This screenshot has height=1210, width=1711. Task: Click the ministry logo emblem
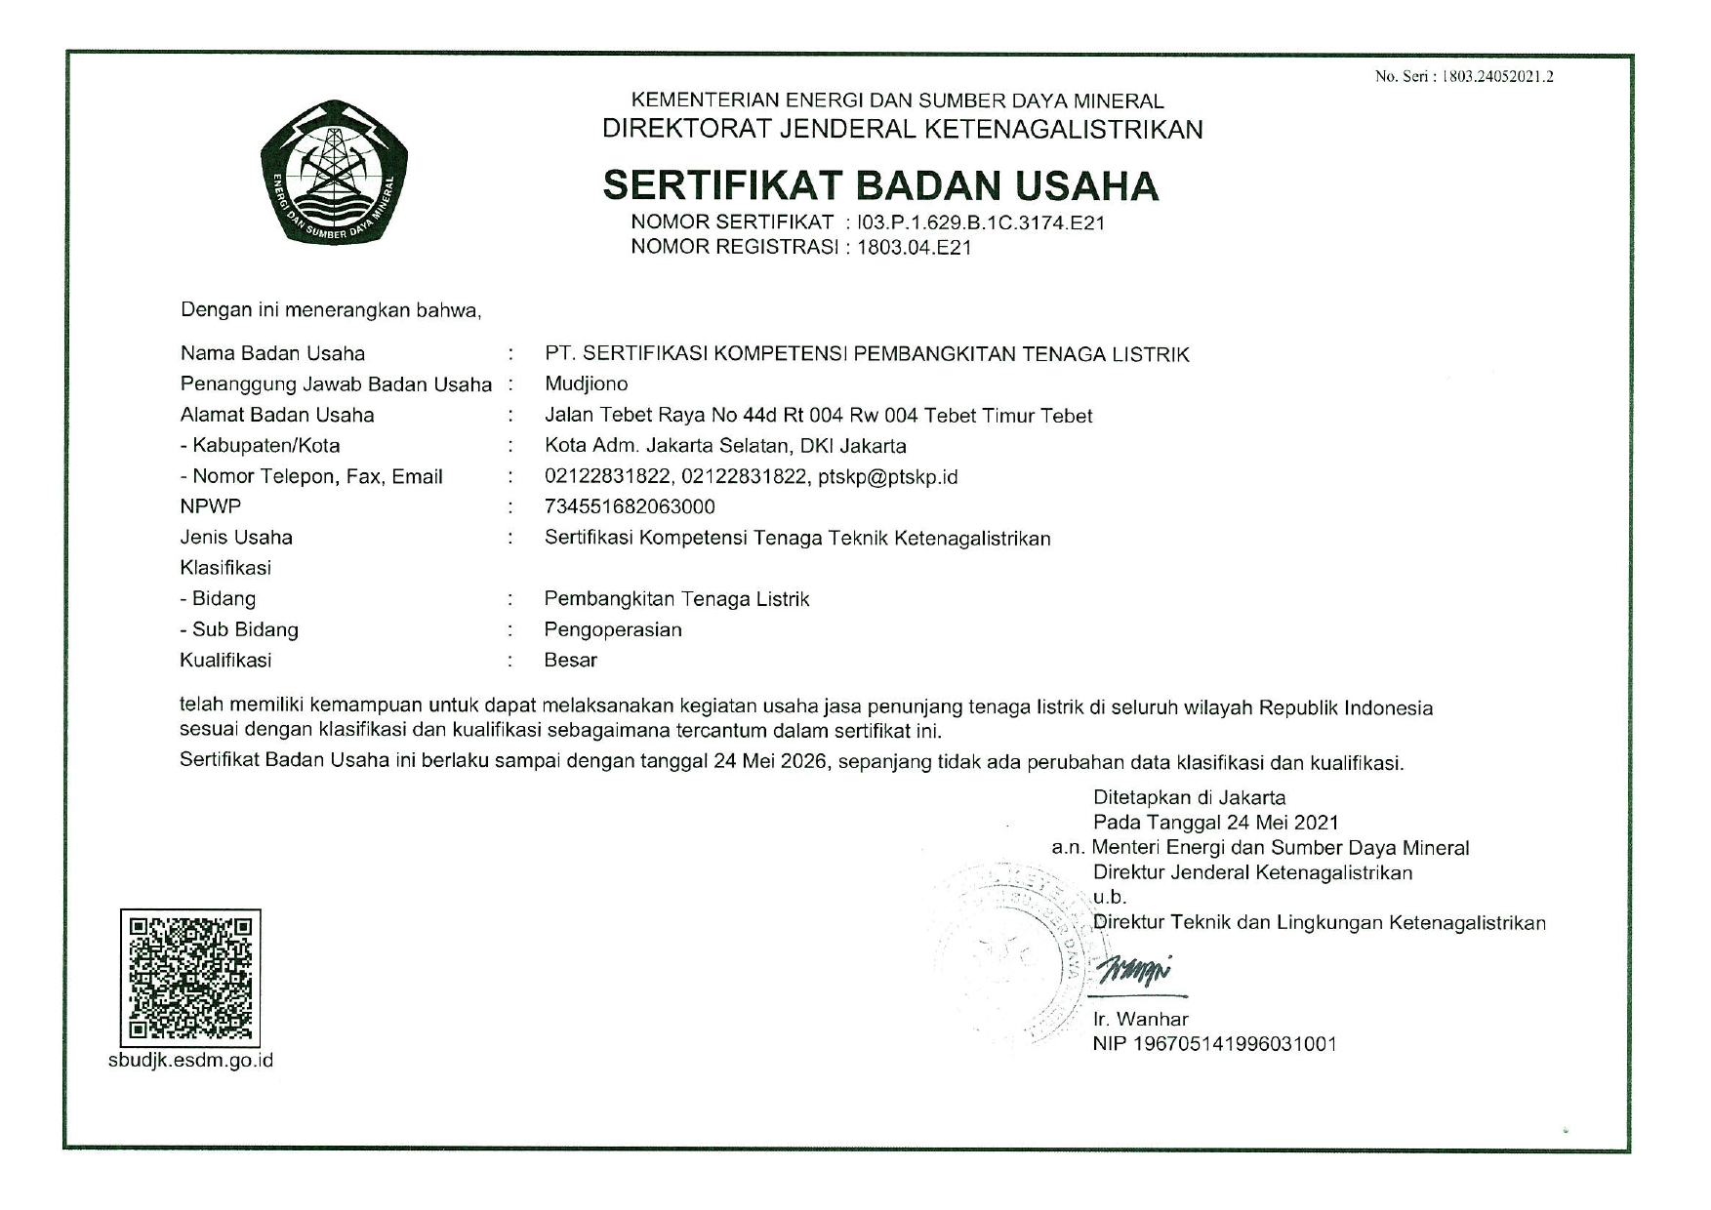pyautogui.click(x=334, y=174)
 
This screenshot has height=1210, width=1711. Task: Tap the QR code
pyautogui.click(x=190, y=977)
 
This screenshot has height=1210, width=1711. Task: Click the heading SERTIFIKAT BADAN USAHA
pyautogui.click(x=880, y=185)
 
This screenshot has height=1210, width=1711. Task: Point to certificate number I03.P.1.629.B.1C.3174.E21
pyautogui.click(x=980, y=222)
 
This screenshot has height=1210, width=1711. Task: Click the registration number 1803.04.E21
pyautogui.click(x=914, y=247)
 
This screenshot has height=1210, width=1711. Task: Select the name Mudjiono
pyautogui.click(x=586, y=383)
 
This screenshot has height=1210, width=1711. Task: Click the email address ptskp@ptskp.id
pyautogui.click(x=887, y=476)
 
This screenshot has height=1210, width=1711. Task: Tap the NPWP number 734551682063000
pyautogui.click(x=630, y=506)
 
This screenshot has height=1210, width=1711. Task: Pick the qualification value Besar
pyautogui.click(x=571, y=660)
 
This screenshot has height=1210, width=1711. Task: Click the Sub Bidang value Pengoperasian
pyautogui.click(x=613, y=629)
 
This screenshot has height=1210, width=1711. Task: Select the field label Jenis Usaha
pyautogui.click(x=236, y=537)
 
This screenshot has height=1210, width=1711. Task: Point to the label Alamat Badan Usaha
pyautogui.click(x=277, y=415)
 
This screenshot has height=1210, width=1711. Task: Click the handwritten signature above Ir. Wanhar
pyautogui.click(x=1134, y=971)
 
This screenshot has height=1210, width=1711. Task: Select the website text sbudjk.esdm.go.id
pyautogui.click(x=190, y=1060)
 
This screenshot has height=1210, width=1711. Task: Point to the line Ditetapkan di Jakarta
pyautogui.click(x=1189, y=797)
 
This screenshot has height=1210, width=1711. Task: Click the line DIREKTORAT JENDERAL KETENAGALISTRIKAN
pyautogui.click(x=902, y=129)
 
